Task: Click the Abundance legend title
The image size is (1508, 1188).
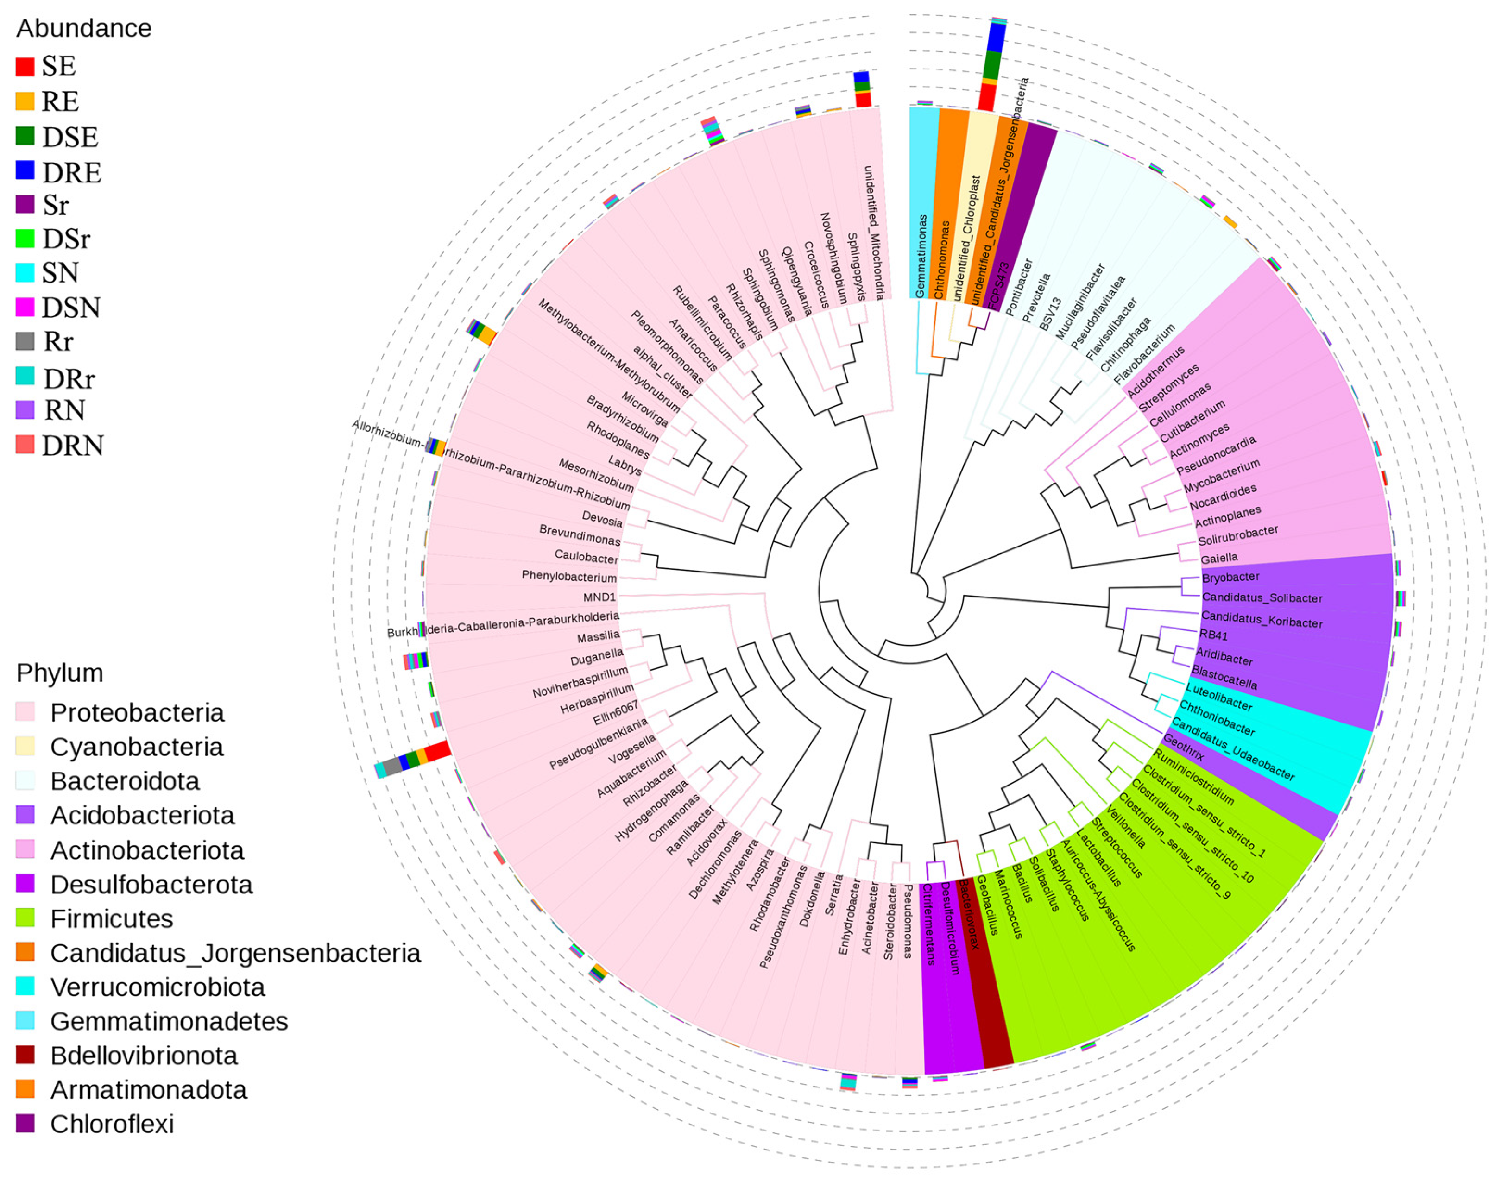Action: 83,29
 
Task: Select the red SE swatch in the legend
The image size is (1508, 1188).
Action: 25,67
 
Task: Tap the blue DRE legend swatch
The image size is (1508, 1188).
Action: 25,170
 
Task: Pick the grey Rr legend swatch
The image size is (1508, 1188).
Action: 25,341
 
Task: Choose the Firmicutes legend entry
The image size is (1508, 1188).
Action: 111,919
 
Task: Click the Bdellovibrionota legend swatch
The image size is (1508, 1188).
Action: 25,1055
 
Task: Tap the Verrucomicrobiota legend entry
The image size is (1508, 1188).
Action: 157,987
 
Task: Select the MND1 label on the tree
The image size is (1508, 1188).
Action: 599,597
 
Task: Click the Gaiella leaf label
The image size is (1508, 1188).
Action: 1218,558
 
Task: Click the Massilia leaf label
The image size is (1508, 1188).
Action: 598,636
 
